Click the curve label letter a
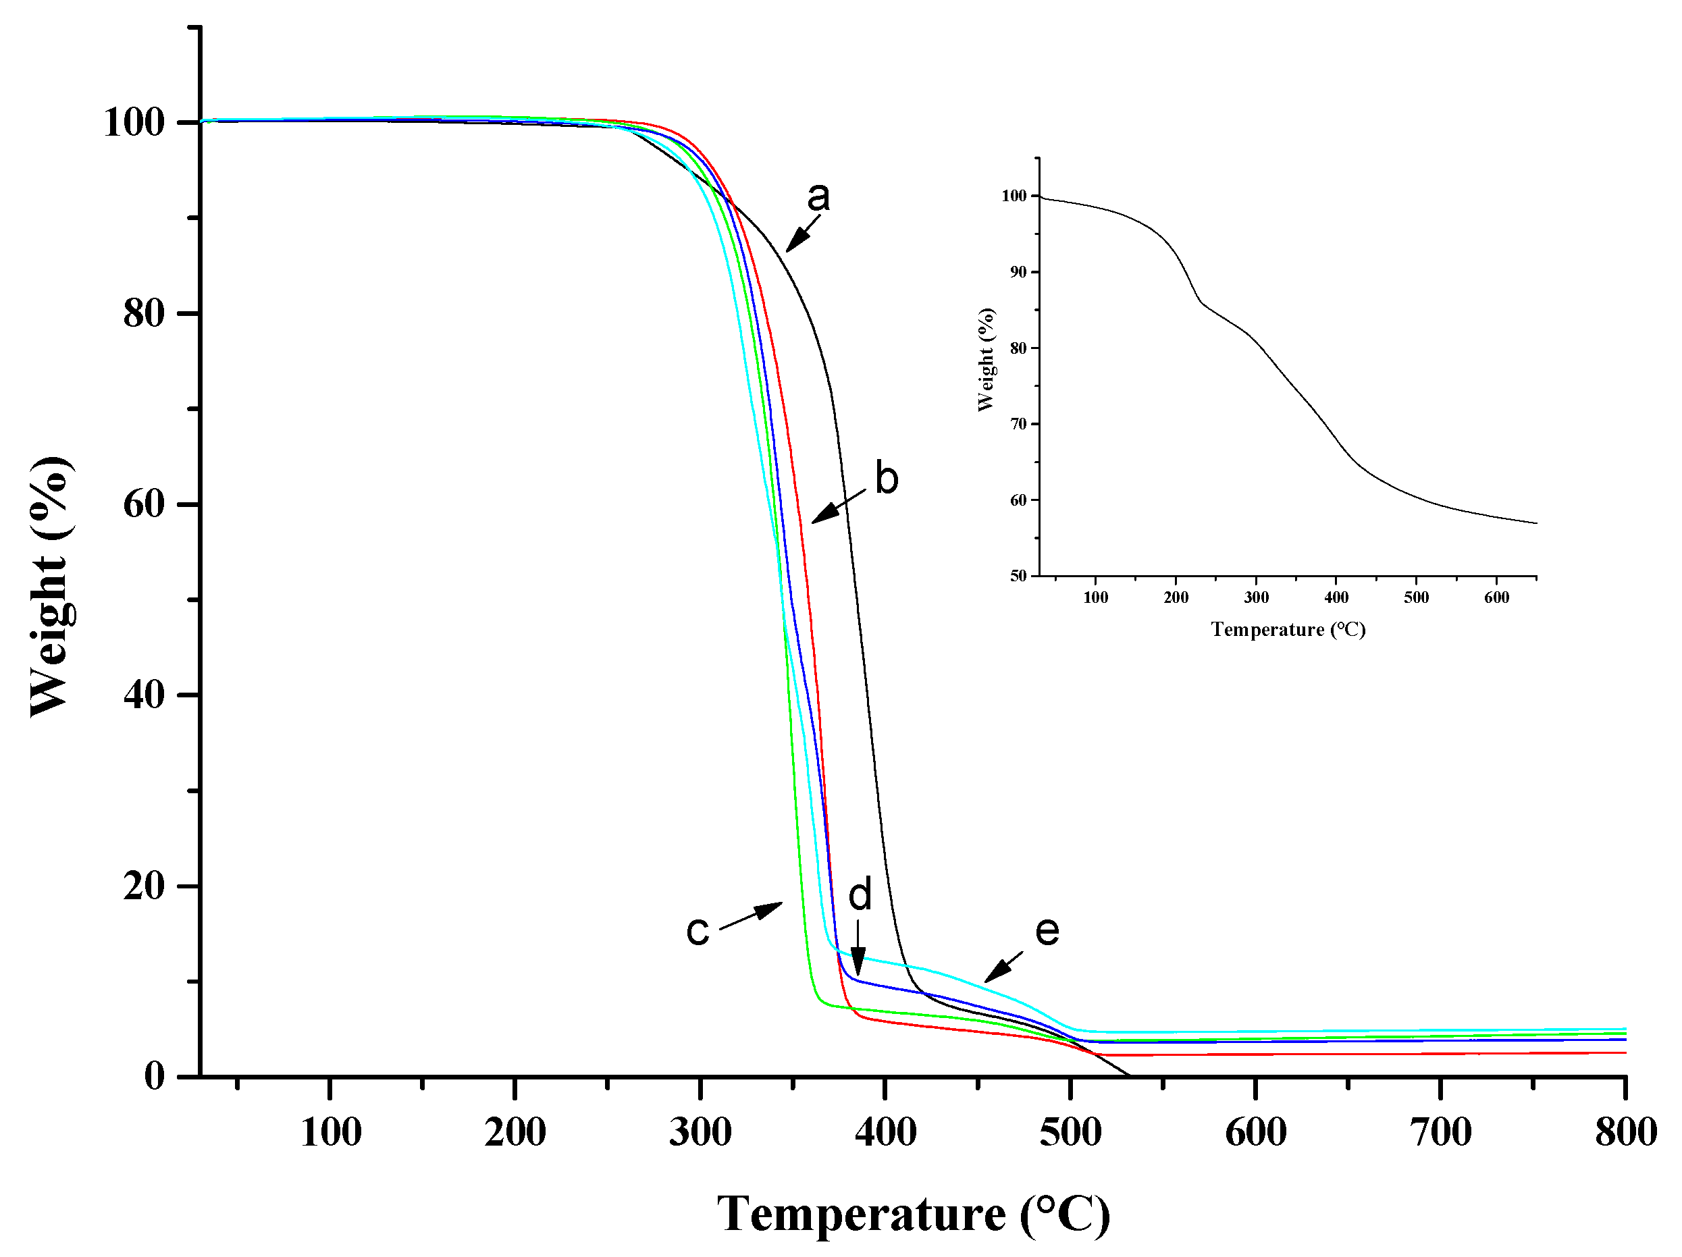click(x=818, y=198)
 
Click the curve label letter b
click(x=887, y=479)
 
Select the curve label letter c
click(x=698, y=931)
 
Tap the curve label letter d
click(x=860, y=895)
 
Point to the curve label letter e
click(x=1047, y=931)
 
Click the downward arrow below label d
click(x=858, y=948)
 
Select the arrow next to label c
click(x=750, y=915)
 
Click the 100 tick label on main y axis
click(x=134, y=122)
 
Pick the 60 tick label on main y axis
click(x=144, y=504)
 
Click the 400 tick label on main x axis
click(x=885, y=1132)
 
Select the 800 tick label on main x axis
click(x=1626, y=1132)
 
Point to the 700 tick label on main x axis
click(x=1441, y=1132)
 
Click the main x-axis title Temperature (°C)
click(x=913, y=1214)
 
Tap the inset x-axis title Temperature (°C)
click(x=1288, y=630)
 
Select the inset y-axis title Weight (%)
click(x=987, y=360)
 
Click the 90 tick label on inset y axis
click(x=1018, y=272)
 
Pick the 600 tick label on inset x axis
click(x=1496, y=597)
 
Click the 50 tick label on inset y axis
click(x=1018, y=577)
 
